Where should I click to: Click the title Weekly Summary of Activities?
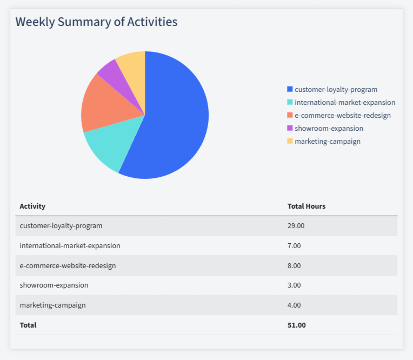(96, 22)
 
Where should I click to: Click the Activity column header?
(32, 206)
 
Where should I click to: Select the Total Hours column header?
(306, 206)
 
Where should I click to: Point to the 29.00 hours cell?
(296, 226)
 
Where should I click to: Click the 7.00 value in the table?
(294, 245)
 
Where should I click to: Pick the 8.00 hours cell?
(294, 265)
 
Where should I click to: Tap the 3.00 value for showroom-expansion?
(294, 285)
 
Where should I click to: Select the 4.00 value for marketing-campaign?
(294, 305)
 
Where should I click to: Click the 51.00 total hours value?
(296, 325)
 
